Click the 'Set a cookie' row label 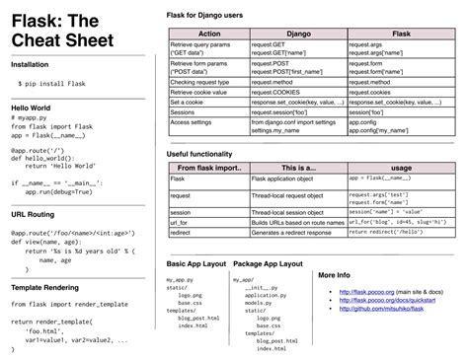tap(188, 102)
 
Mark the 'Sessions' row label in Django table tap(184, 111)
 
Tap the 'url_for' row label tap(181, 222)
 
